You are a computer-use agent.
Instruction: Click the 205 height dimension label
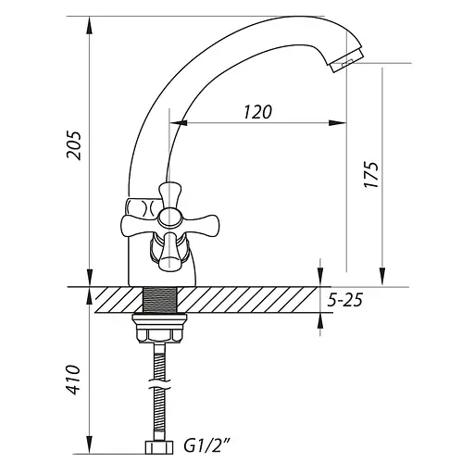tap(74, 145)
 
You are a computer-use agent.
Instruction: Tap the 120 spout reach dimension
tap(258, 112)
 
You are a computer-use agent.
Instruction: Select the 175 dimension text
tap(371, 174)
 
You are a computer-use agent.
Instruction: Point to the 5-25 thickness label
tap(344, 300)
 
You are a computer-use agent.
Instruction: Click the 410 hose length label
tap(74, 380)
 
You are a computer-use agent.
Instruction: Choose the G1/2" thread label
tap(207, 446)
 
